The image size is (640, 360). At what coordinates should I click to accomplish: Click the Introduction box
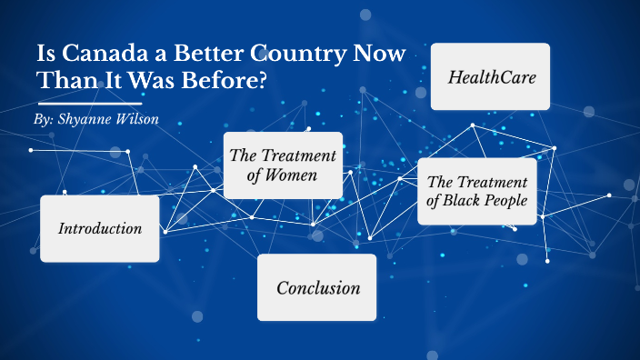tap(100, 228)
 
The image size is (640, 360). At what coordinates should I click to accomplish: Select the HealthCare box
tap(490, 76)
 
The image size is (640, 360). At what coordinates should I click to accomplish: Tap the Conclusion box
tap(316, 288)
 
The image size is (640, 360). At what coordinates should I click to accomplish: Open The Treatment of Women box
tap(283, 165)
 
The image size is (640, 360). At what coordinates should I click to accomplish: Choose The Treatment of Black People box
tap(476, 191)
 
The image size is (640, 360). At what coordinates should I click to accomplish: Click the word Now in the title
tap(382, 54)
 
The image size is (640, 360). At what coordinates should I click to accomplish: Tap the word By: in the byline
tap(43, 120)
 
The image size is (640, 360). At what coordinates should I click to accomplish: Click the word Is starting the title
tap(45, 54)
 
